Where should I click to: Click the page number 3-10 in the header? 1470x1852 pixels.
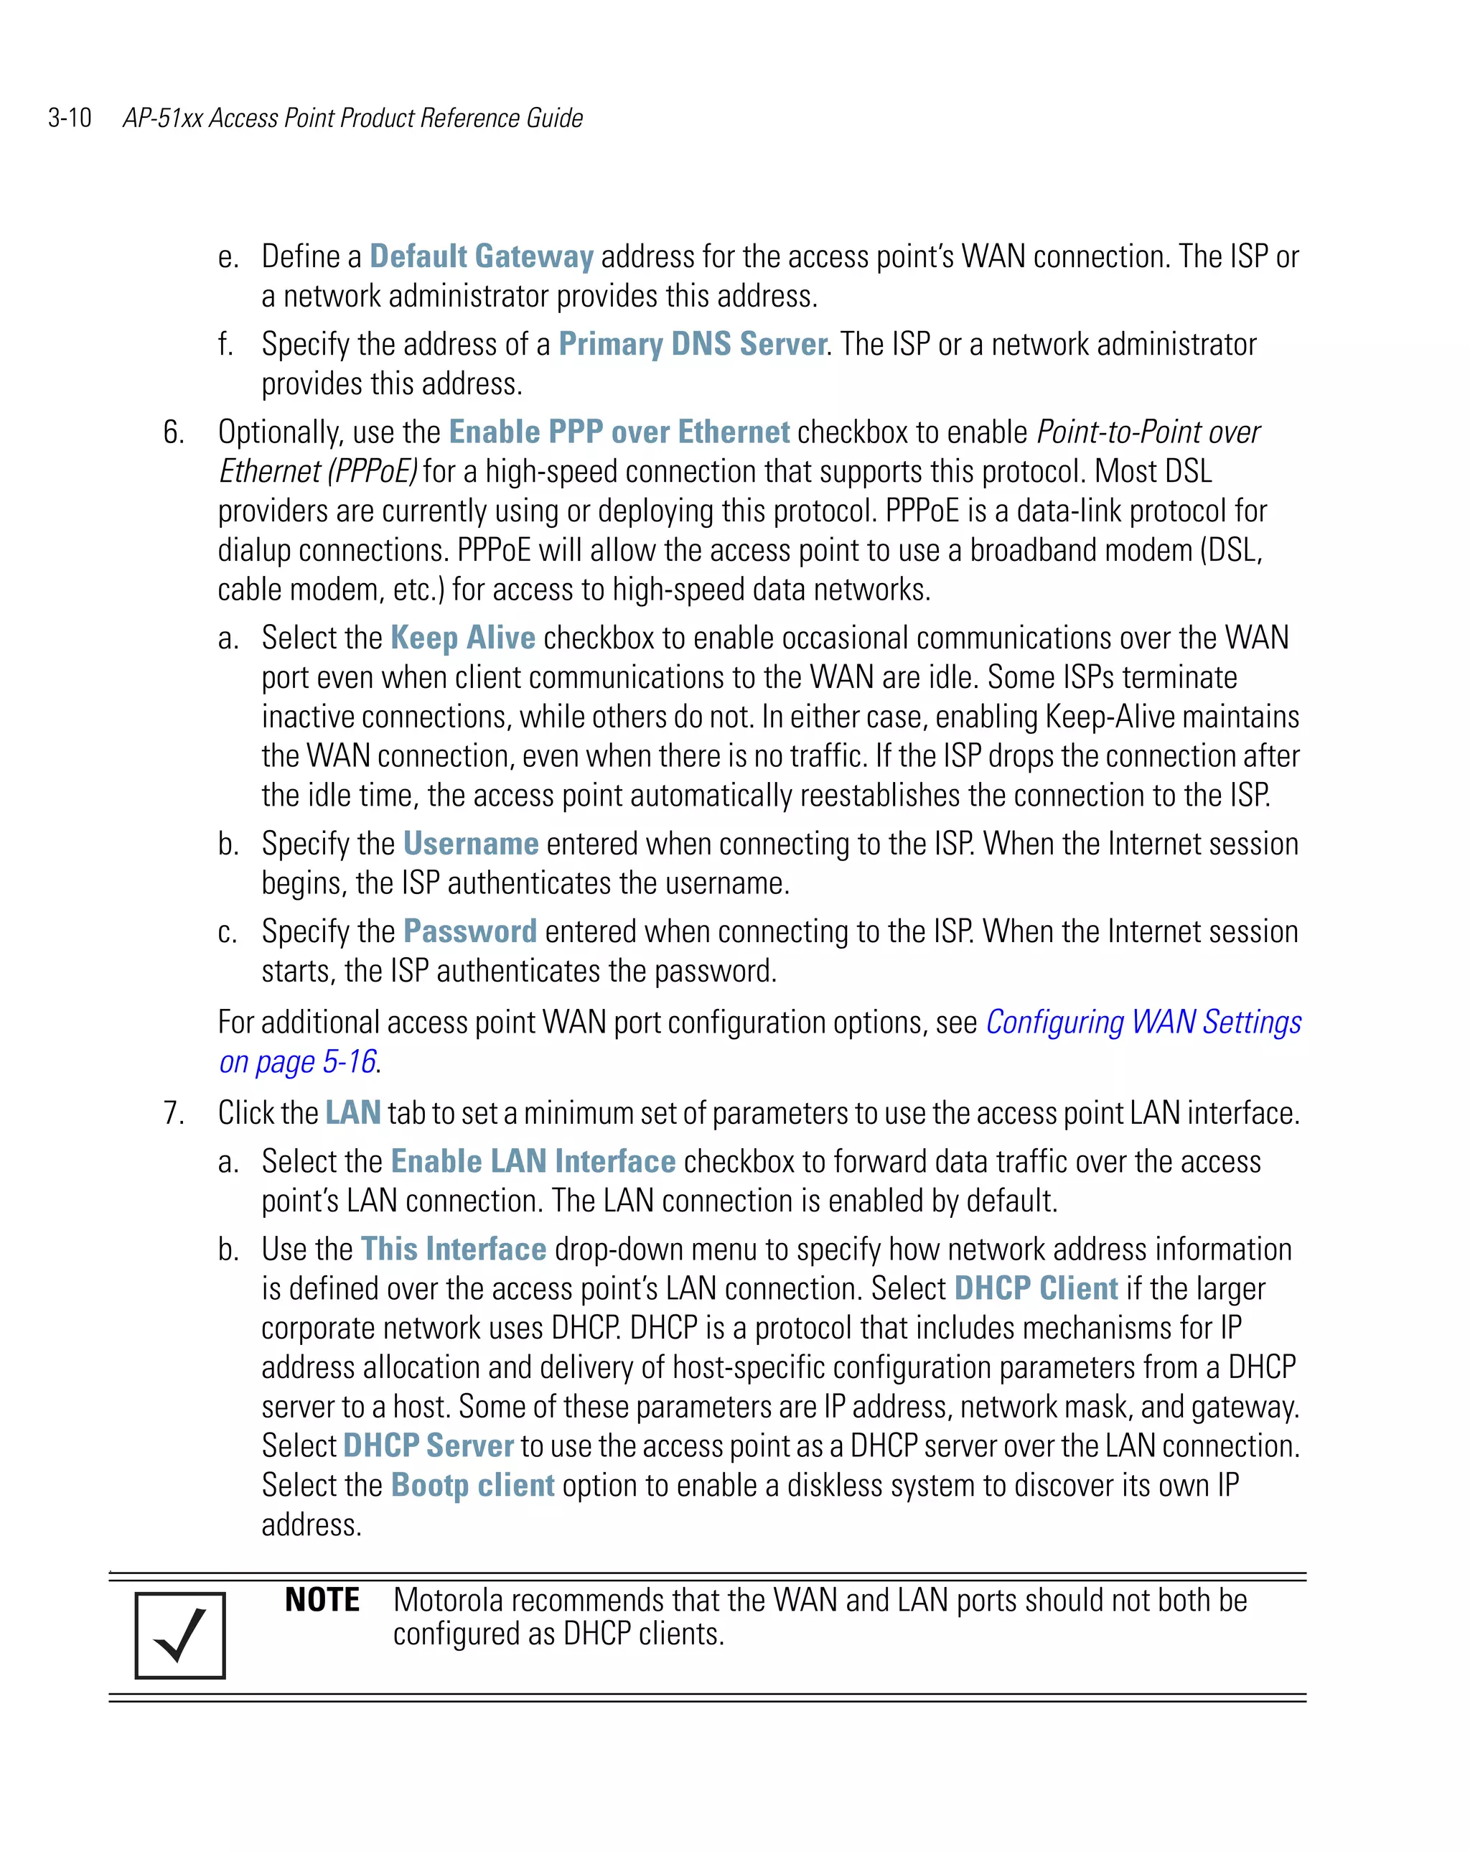pyautogui.click(x=70, y=118)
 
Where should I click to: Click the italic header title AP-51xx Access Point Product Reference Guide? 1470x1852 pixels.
pyautogui.click(x=353, y=118)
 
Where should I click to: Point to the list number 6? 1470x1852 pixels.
pyautogui.click(x=174, y=432)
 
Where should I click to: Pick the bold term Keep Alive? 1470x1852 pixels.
pyautogui.click(x=463, y=638)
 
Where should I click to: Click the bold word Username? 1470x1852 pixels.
pyautogui.click(x=471, y=844)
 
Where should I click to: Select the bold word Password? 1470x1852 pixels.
pyautogui.click(x=469, y=931)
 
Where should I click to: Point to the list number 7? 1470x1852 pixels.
pyautogui.click(x=174, y=1113)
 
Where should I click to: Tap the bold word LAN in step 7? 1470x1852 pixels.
pyautogui.click(x=353, y=1113)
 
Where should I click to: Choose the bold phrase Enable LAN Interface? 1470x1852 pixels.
pyautogui.click(x=533, y=1161)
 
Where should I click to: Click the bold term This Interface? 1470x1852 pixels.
pyautogui.click(x=454, y=1249)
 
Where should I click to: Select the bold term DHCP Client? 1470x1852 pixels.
pyautogui.click(x=1036, y=1288)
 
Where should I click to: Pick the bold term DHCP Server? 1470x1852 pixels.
pyautogui.click(x=429, y=1446)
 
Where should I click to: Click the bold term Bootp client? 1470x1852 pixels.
pyautogui.click(x=472, y=1485)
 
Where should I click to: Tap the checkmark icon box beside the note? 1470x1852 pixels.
pyautogui.click(x=180, y=1636)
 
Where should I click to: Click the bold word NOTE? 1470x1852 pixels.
pyautogui.click(x=322, y=1601)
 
